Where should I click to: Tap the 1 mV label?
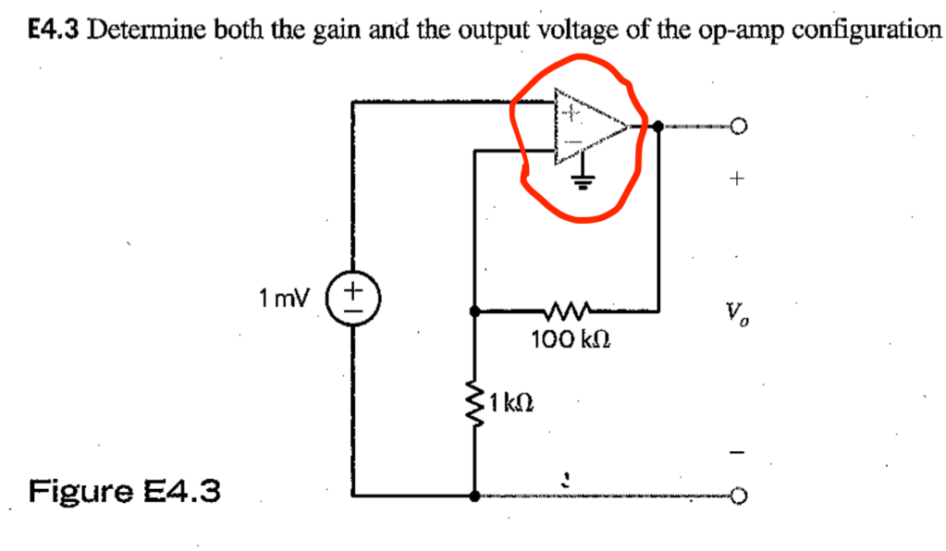(x=287, y=298)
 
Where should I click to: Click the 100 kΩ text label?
(x=569, y=341)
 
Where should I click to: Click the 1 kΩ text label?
(x=511, y=402)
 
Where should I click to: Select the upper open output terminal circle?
(x=738, y=126)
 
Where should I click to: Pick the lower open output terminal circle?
(x=738, y=498)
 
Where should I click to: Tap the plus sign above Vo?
(x=737, y=181)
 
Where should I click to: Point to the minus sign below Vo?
(x=737, y=453)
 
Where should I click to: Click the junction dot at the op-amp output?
(x=657, y=126)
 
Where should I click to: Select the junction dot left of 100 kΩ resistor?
(x=474, y=312)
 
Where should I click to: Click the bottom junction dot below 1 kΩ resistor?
(x=474, y=496)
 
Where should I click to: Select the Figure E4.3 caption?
(x=125, y=489)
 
